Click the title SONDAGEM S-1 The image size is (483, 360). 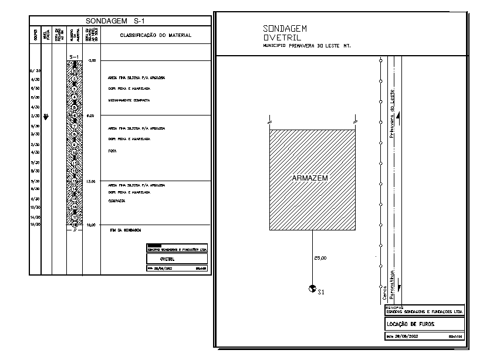point(120,21)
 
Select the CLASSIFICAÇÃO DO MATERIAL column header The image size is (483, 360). point(156,35)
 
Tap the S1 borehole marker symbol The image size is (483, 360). point(311,288)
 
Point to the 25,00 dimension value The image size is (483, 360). point(320,258)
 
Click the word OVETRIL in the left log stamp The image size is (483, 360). point(168,258)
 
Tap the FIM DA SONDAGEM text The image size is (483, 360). point(125,230)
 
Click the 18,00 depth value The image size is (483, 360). point(91,225)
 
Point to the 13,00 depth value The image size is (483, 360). point(91,182)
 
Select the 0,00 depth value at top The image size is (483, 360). point(91,60)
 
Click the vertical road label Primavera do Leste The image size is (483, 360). point(393,114)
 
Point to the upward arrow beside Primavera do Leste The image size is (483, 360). point(399,118)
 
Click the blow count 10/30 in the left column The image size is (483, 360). point(35,208)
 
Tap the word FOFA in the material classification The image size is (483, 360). point(112,151)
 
